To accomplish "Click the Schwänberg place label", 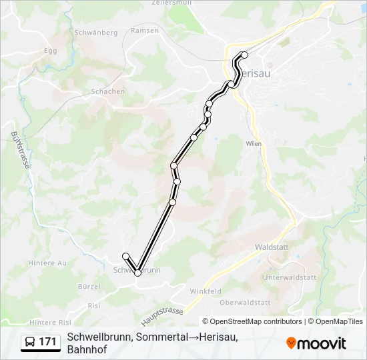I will [x=96, y=32].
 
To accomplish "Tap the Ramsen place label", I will [x=145, y=31].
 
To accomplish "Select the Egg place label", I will [x=51, y=50].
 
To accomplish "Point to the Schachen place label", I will [x=107, y=91].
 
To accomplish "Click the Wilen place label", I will [x=253, y=143].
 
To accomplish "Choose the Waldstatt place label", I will [x=272, y=247].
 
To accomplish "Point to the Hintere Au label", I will [x=48, y=263].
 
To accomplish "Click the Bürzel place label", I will [x=89, y=287].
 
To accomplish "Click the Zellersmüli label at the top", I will [x=172, y=3].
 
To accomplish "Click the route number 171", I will [x=47, y=342].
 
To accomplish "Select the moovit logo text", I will [x=322, y=343].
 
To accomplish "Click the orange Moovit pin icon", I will [x=291, y=343].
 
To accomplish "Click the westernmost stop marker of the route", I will [x=125, y=256].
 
